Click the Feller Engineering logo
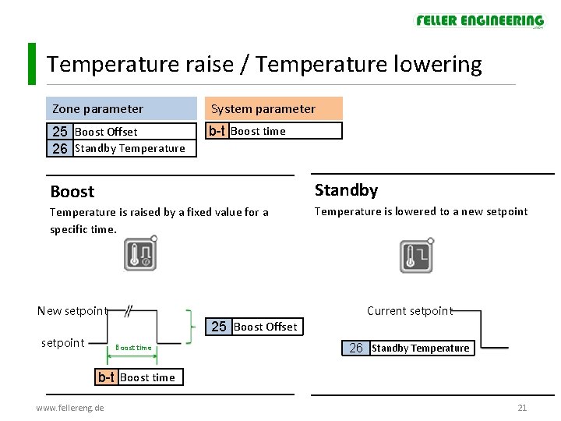(x=479, y=21)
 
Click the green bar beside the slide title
(x=31, y=64)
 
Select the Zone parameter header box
(x=122, y=108)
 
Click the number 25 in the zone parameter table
(x=60, y=132)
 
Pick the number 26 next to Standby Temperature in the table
(x=60, y=148)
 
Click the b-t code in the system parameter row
(x=217, y=131)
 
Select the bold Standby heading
(x=346, y=190)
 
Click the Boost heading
(x=72, y=192)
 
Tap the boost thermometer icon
(x=140, y=254)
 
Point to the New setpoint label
(x=72, y=311)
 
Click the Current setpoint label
(x=409, y=311)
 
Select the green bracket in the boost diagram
(x=189, y=325)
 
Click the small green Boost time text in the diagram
(x=133, y=348)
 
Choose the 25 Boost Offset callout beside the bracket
(x=254, y=327)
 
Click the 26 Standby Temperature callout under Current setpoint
(x=408, y=348)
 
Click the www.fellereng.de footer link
(x=70, y=408)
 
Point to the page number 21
(x=522, y=408)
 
